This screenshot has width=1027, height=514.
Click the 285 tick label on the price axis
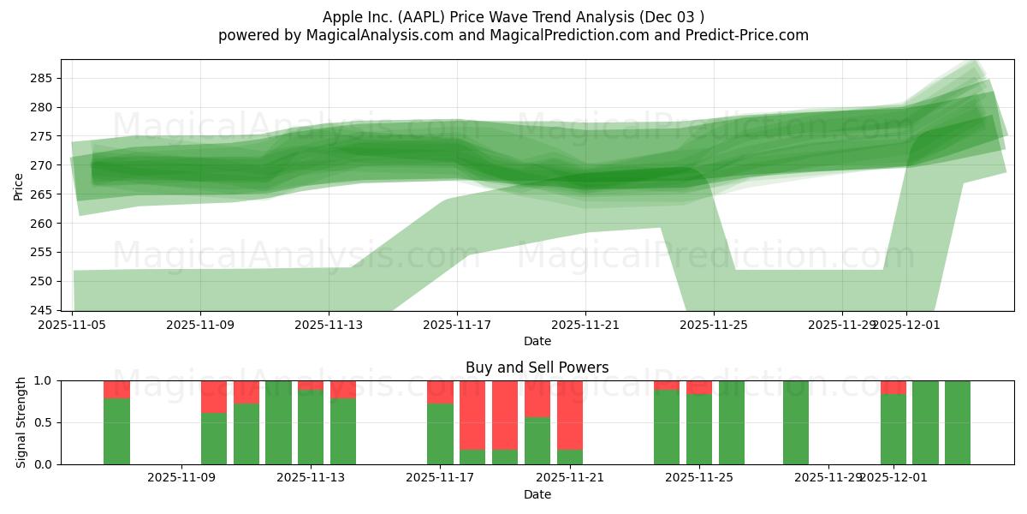pos(42,79)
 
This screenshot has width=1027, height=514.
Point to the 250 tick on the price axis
pos(42,282)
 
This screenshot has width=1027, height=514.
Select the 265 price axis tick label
pos(42,194)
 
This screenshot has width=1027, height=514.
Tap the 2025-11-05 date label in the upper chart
pos(72,325)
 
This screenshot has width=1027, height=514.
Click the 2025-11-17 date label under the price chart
pos(457,325)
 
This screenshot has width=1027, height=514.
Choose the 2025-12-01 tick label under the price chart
pos(907,325)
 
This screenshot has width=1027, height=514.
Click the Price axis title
pos(19,185)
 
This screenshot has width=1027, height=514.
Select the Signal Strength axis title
pos(21,422)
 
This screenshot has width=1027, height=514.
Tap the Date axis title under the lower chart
pos(537,494)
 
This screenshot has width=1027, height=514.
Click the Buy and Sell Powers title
pos(537,368)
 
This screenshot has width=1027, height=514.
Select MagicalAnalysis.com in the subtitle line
pos(372,35)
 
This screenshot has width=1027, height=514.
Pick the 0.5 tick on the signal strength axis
pos(42,422)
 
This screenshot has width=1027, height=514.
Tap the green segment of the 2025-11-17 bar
pos(440,433)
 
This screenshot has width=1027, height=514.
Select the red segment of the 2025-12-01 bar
pos(893,387)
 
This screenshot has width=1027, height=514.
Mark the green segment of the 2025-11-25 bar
pos(699,429)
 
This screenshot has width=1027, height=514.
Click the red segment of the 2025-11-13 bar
pos(311,385)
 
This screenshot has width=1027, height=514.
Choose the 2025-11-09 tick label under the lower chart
pos(182,478)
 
